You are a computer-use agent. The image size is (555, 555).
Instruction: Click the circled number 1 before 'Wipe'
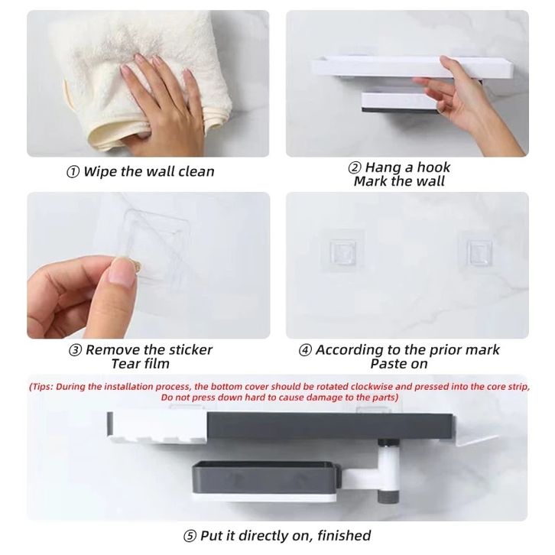coord(73,172)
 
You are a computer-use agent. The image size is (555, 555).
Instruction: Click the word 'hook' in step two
coord(433,167)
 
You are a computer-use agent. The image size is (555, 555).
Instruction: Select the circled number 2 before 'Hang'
coord(355,167)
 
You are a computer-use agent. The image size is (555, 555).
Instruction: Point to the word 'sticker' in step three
coord(190,349)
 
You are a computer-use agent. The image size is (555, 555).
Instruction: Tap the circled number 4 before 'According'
coord(305,350)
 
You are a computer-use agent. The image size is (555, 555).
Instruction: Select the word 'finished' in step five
coord(344,535)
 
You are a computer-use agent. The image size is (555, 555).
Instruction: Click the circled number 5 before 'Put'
coord(190,536)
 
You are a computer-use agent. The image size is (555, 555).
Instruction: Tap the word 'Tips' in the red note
coord(42,387)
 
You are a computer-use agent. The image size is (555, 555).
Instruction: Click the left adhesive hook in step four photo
coord(342,252)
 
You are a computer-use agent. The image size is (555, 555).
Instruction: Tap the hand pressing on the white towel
coord(161,103)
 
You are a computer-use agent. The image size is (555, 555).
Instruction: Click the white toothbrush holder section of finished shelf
coord(157,427)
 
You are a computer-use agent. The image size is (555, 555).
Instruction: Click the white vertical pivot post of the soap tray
coord(388,470)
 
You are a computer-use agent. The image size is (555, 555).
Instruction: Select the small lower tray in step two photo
coord(399,102)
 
